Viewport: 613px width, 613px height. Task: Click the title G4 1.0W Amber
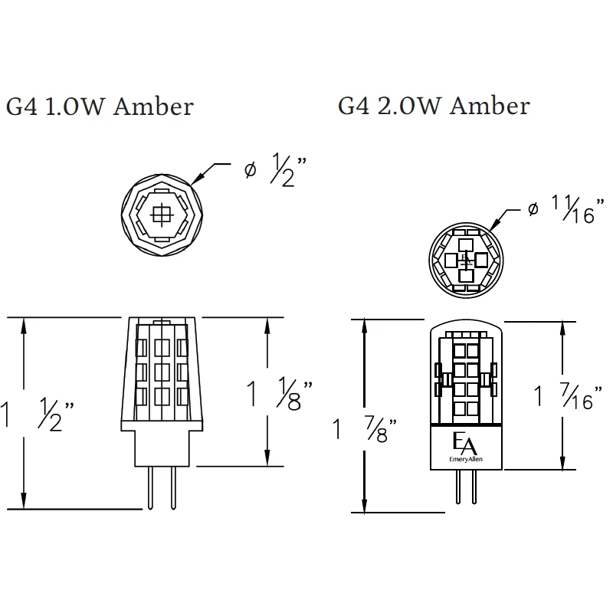pyautogui.click(x=100, y=107)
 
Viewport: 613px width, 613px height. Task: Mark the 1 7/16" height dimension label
pyautogui.click(x=565, y=396)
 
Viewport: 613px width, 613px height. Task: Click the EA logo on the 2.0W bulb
pyautogui.click(x=464, y=444)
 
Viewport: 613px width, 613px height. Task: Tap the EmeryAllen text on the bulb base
pyautogui.click(x=465, y=460)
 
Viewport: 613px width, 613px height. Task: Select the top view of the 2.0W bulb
pyautogui.click(x=465, y=260)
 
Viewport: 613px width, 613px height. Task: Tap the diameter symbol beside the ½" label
pyautogui.click(x=250, y=170)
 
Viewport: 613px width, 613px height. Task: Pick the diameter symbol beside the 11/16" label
pyautogui.click(x=533, y=208)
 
